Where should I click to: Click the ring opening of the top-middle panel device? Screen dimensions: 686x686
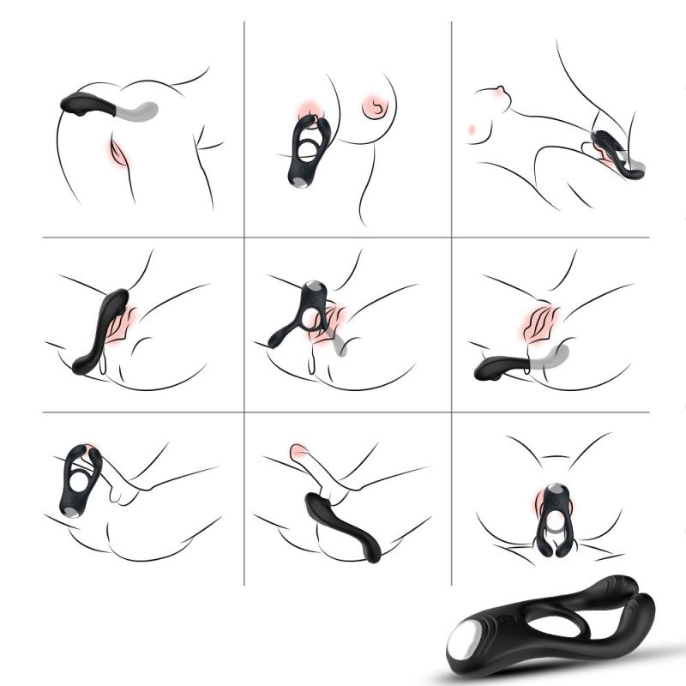307,154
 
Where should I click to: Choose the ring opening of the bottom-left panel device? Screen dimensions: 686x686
78,484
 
